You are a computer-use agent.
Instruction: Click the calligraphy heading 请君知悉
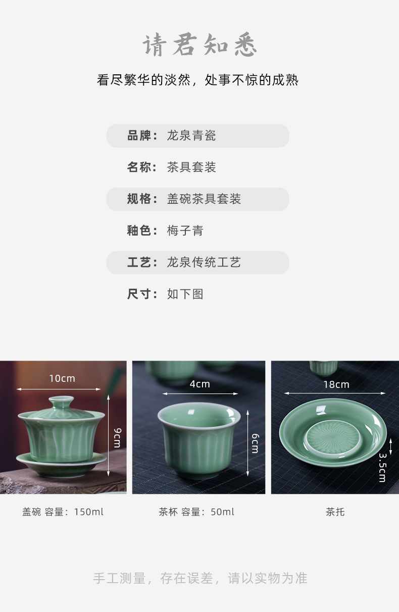[199, 46]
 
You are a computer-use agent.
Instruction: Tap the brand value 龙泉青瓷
[191, 136]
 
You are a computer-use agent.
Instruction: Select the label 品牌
[139, 136]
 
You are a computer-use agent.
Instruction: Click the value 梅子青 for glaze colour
[185, 231]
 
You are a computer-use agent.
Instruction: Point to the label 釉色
[139, 231]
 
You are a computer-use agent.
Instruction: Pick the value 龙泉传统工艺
[204, 263]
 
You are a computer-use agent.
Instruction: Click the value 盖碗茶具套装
[204, 199]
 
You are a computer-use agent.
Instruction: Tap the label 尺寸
[139, 294]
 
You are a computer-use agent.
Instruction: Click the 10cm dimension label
[62, 379]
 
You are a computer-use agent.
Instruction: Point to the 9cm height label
[117, 437]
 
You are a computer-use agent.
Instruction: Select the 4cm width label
[199, 384]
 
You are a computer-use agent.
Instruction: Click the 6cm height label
[255, 444]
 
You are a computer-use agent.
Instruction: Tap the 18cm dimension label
[336, 384]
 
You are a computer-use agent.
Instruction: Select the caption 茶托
[335, 512]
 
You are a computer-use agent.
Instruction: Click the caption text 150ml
[88, 512]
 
